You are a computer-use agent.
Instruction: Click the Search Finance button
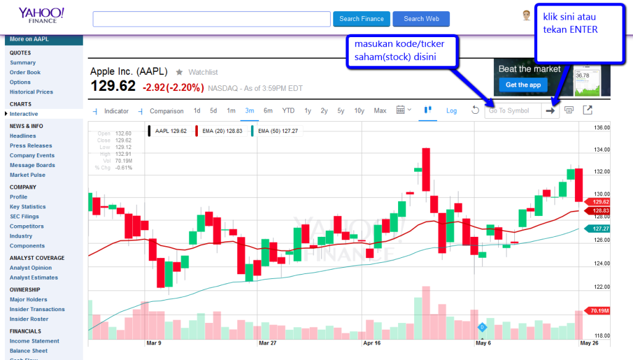(362, 19)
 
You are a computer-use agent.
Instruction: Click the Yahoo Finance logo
(41, 15)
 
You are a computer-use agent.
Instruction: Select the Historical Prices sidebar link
(32, 92)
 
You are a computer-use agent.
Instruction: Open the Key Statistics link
(28, 207)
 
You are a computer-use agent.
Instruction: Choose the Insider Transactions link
(37, 309)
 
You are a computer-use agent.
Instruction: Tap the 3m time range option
(250, 111)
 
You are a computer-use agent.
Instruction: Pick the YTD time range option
(288, 111)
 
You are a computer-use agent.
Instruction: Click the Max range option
(380, 111)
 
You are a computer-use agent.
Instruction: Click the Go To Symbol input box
(512, 111)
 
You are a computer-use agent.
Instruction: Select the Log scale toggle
(451, 111)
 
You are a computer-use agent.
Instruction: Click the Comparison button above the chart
(166, 111)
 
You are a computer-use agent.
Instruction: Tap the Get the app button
(523, 85)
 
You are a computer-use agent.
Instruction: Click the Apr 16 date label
(372, 342)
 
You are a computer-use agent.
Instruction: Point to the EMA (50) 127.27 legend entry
(276, 131)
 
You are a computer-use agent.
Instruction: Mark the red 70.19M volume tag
(598, 311)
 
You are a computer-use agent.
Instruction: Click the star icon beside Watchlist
(180, 72)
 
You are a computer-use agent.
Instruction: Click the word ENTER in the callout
(583, 30)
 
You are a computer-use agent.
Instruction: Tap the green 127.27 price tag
(598, 228)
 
